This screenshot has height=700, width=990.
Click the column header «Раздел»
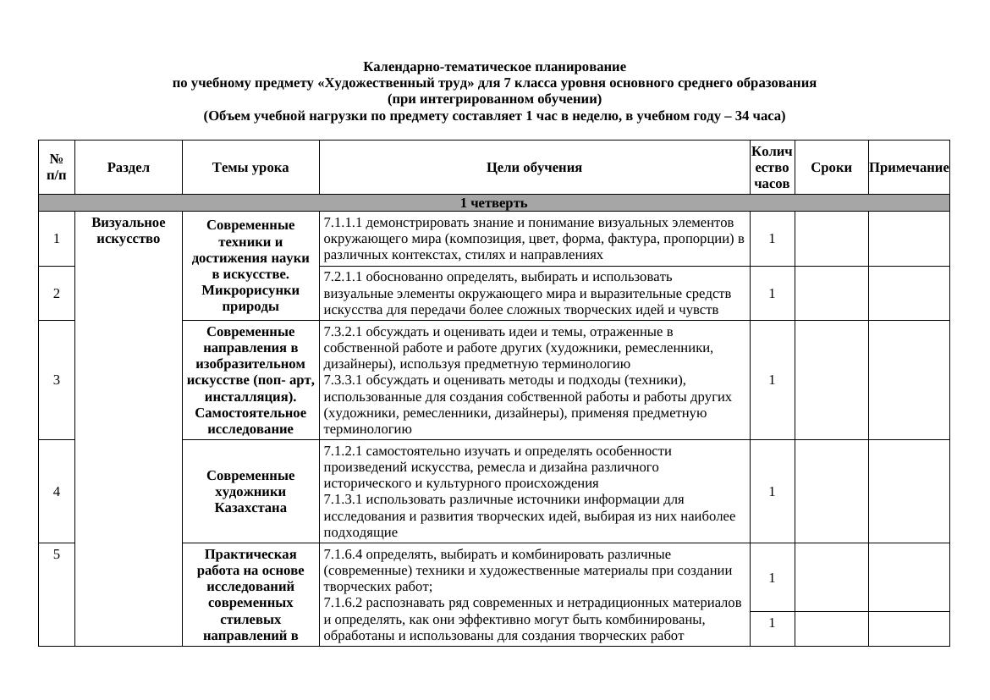point(129,168)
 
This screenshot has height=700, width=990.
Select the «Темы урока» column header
point(250,168)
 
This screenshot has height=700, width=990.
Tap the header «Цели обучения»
point(534,168)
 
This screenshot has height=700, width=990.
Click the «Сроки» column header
point(831,168)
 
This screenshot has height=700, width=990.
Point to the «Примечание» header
point(909,168)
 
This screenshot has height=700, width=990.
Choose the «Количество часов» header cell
point(772,168)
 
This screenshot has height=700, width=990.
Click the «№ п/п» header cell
point(57,168)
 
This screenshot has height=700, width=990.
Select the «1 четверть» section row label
point(493,203)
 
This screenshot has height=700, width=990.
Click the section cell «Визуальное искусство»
point(129,230)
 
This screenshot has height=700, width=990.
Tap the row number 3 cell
point(57,380)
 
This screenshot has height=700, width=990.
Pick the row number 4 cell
point(57,492)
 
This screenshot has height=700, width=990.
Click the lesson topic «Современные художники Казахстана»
point(250,492)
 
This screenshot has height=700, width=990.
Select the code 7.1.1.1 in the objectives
point(342,223)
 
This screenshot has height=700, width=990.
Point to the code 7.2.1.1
point(342,277)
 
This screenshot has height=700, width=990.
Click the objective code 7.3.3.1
point(342,380)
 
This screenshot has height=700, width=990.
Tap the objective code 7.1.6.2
point(342,604)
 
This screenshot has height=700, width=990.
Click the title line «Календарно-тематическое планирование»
point(494,67)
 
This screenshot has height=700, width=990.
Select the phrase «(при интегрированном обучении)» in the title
point(494,99)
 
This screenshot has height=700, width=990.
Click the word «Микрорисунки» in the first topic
point(250,290)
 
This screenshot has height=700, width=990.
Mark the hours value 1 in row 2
point(772,294)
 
